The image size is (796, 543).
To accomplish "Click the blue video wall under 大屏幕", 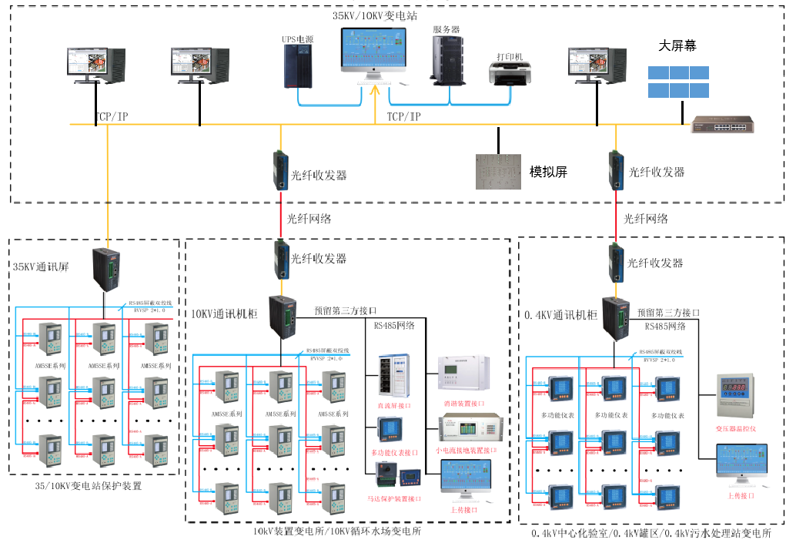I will point(677,82).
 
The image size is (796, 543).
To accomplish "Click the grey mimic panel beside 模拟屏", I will point(498,171).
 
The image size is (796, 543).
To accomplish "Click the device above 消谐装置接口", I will point(463,374).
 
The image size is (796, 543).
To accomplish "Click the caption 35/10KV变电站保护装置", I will point(89,486).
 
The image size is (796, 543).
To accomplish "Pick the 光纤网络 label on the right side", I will point(645,219).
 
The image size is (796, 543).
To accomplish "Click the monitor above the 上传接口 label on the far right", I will point(742,465).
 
